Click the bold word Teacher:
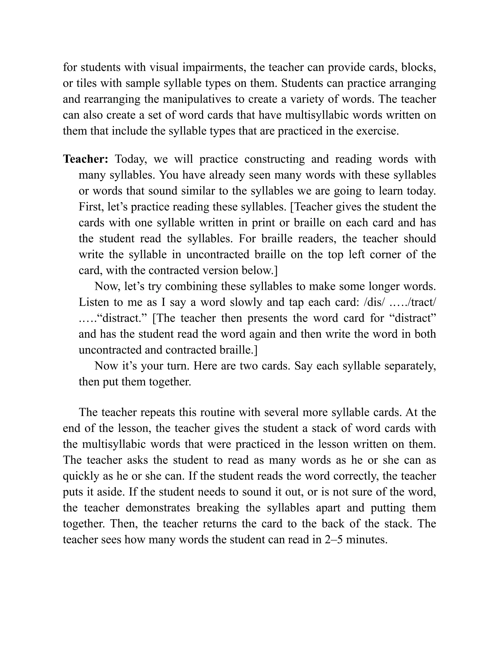[x=86, y=159]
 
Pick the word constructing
[x=275, y=159]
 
